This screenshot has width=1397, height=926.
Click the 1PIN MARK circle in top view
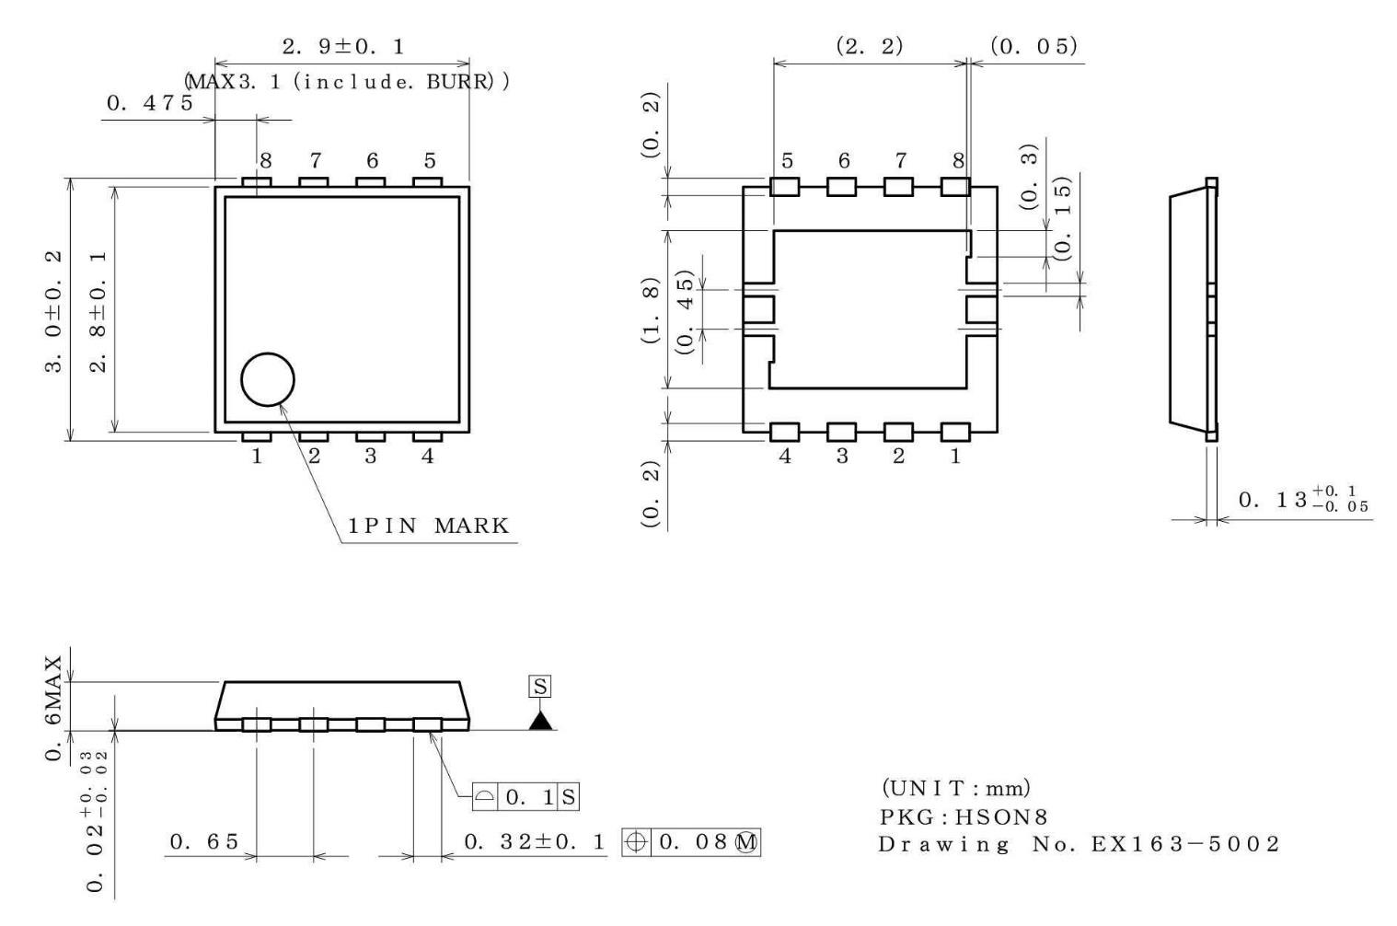(268, 379)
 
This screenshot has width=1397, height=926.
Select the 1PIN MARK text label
(428, 527)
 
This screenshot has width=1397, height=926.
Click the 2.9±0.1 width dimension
(342, 46)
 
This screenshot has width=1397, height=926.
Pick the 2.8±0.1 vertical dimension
(98, 310)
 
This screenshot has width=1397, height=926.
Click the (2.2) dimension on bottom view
(869, 46)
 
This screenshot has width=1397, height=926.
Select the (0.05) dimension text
(1033, 46)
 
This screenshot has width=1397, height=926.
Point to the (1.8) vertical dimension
(651, 310)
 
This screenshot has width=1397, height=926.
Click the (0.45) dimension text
(684, 311)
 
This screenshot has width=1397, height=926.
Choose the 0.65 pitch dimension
(204, 841)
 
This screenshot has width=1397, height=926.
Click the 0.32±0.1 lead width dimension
(535, 841)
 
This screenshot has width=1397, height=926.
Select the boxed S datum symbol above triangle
(540, 687)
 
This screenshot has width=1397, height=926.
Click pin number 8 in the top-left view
(265, 161)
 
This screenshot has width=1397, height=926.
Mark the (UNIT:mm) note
(956, 788)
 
